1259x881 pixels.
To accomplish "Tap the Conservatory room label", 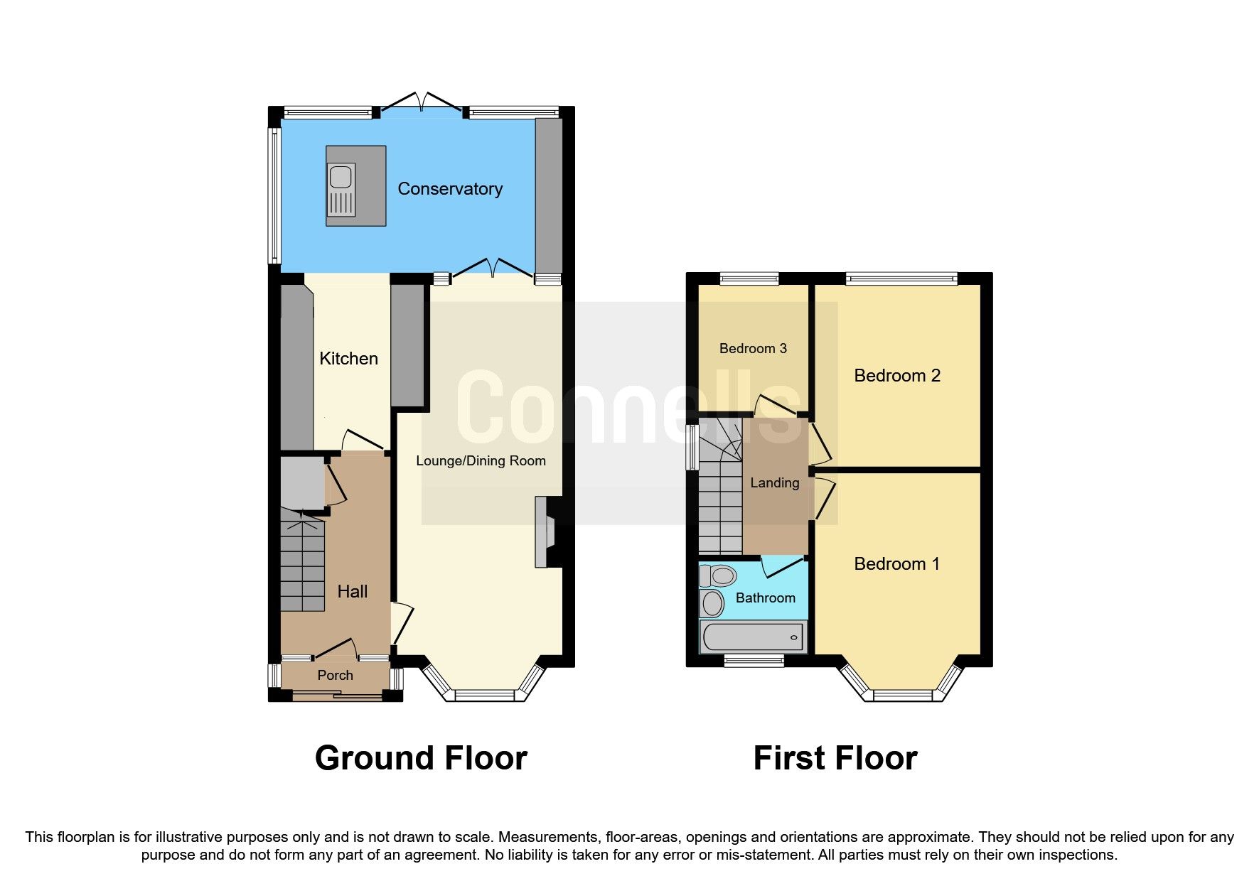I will click(x=450, y=189).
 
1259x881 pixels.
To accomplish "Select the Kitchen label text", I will click(x=348, y=359).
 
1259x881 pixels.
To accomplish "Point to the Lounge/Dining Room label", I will click(x=481, y=461).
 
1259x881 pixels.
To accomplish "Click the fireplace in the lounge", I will click(x=548, y=532).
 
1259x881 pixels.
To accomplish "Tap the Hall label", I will click(x=352, y=592).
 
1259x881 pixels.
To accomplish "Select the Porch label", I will click(x=335, y=676).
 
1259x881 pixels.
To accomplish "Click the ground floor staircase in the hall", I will click(x=302, y=565).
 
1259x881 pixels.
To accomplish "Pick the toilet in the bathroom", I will click(x=718, y=575).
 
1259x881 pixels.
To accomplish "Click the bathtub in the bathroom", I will click(x=753, y=637).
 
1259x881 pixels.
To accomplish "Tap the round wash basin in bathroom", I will click(x=712, y=604).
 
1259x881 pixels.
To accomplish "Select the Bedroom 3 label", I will click(x=753, y=349).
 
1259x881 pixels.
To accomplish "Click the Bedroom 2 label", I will click(x=897, y=376).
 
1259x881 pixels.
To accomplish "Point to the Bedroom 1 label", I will click(x=896, y=564).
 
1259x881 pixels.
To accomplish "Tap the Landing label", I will click(x=774, y=483).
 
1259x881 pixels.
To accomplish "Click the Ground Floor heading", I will click(x=421, y=758).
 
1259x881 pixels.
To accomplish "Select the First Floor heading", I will click(x=835, y=758).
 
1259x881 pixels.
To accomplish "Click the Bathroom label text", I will click(x=765, y=598).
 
